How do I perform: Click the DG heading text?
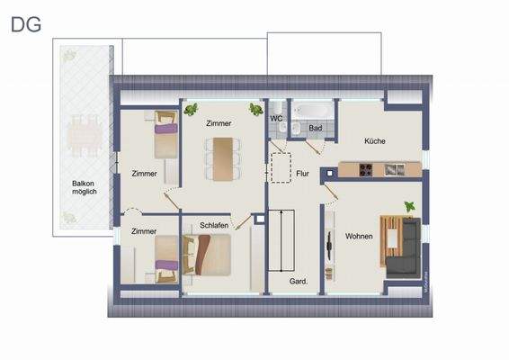tap(25, 24)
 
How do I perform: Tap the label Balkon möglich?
tap(84, 187)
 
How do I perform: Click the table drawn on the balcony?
tap(84, 135)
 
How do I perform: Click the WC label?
tap(277, 116)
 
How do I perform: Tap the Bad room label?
tap(315, 129)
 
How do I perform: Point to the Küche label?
tap(375, 141)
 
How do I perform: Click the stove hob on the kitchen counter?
tap(366, 169)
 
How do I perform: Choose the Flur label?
tap(302, 175)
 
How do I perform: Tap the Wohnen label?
tap(359, 236)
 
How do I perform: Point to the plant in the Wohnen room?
tap(410, 207)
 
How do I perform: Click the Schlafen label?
tap(214, 225)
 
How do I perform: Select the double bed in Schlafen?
tap(209, 254)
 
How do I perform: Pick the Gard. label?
tap(299, 282)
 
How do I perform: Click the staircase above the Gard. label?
tap(281, 240)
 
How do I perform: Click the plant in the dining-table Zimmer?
tap(192, 110)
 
